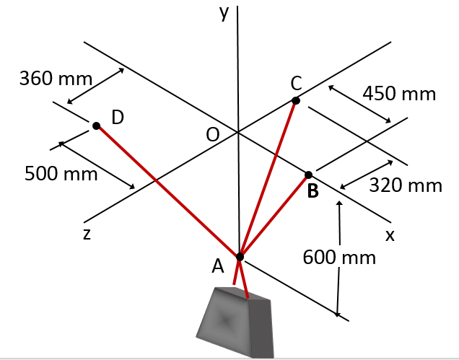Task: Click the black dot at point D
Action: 96,126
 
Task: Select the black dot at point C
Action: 295,101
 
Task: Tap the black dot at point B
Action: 309,175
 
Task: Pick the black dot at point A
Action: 240,256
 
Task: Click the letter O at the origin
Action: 212,135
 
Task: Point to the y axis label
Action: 224,14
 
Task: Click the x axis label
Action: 390,234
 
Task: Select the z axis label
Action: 86,234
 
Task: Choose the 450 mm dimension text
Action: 399,94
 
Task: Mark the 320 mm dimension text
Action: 406,185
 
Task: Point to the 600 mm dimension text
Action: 339,258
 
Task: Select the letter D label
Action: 118,117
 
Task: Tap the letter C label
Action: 297,83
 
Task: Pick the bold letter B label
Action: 312,192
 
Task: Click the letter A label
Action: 219,267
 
